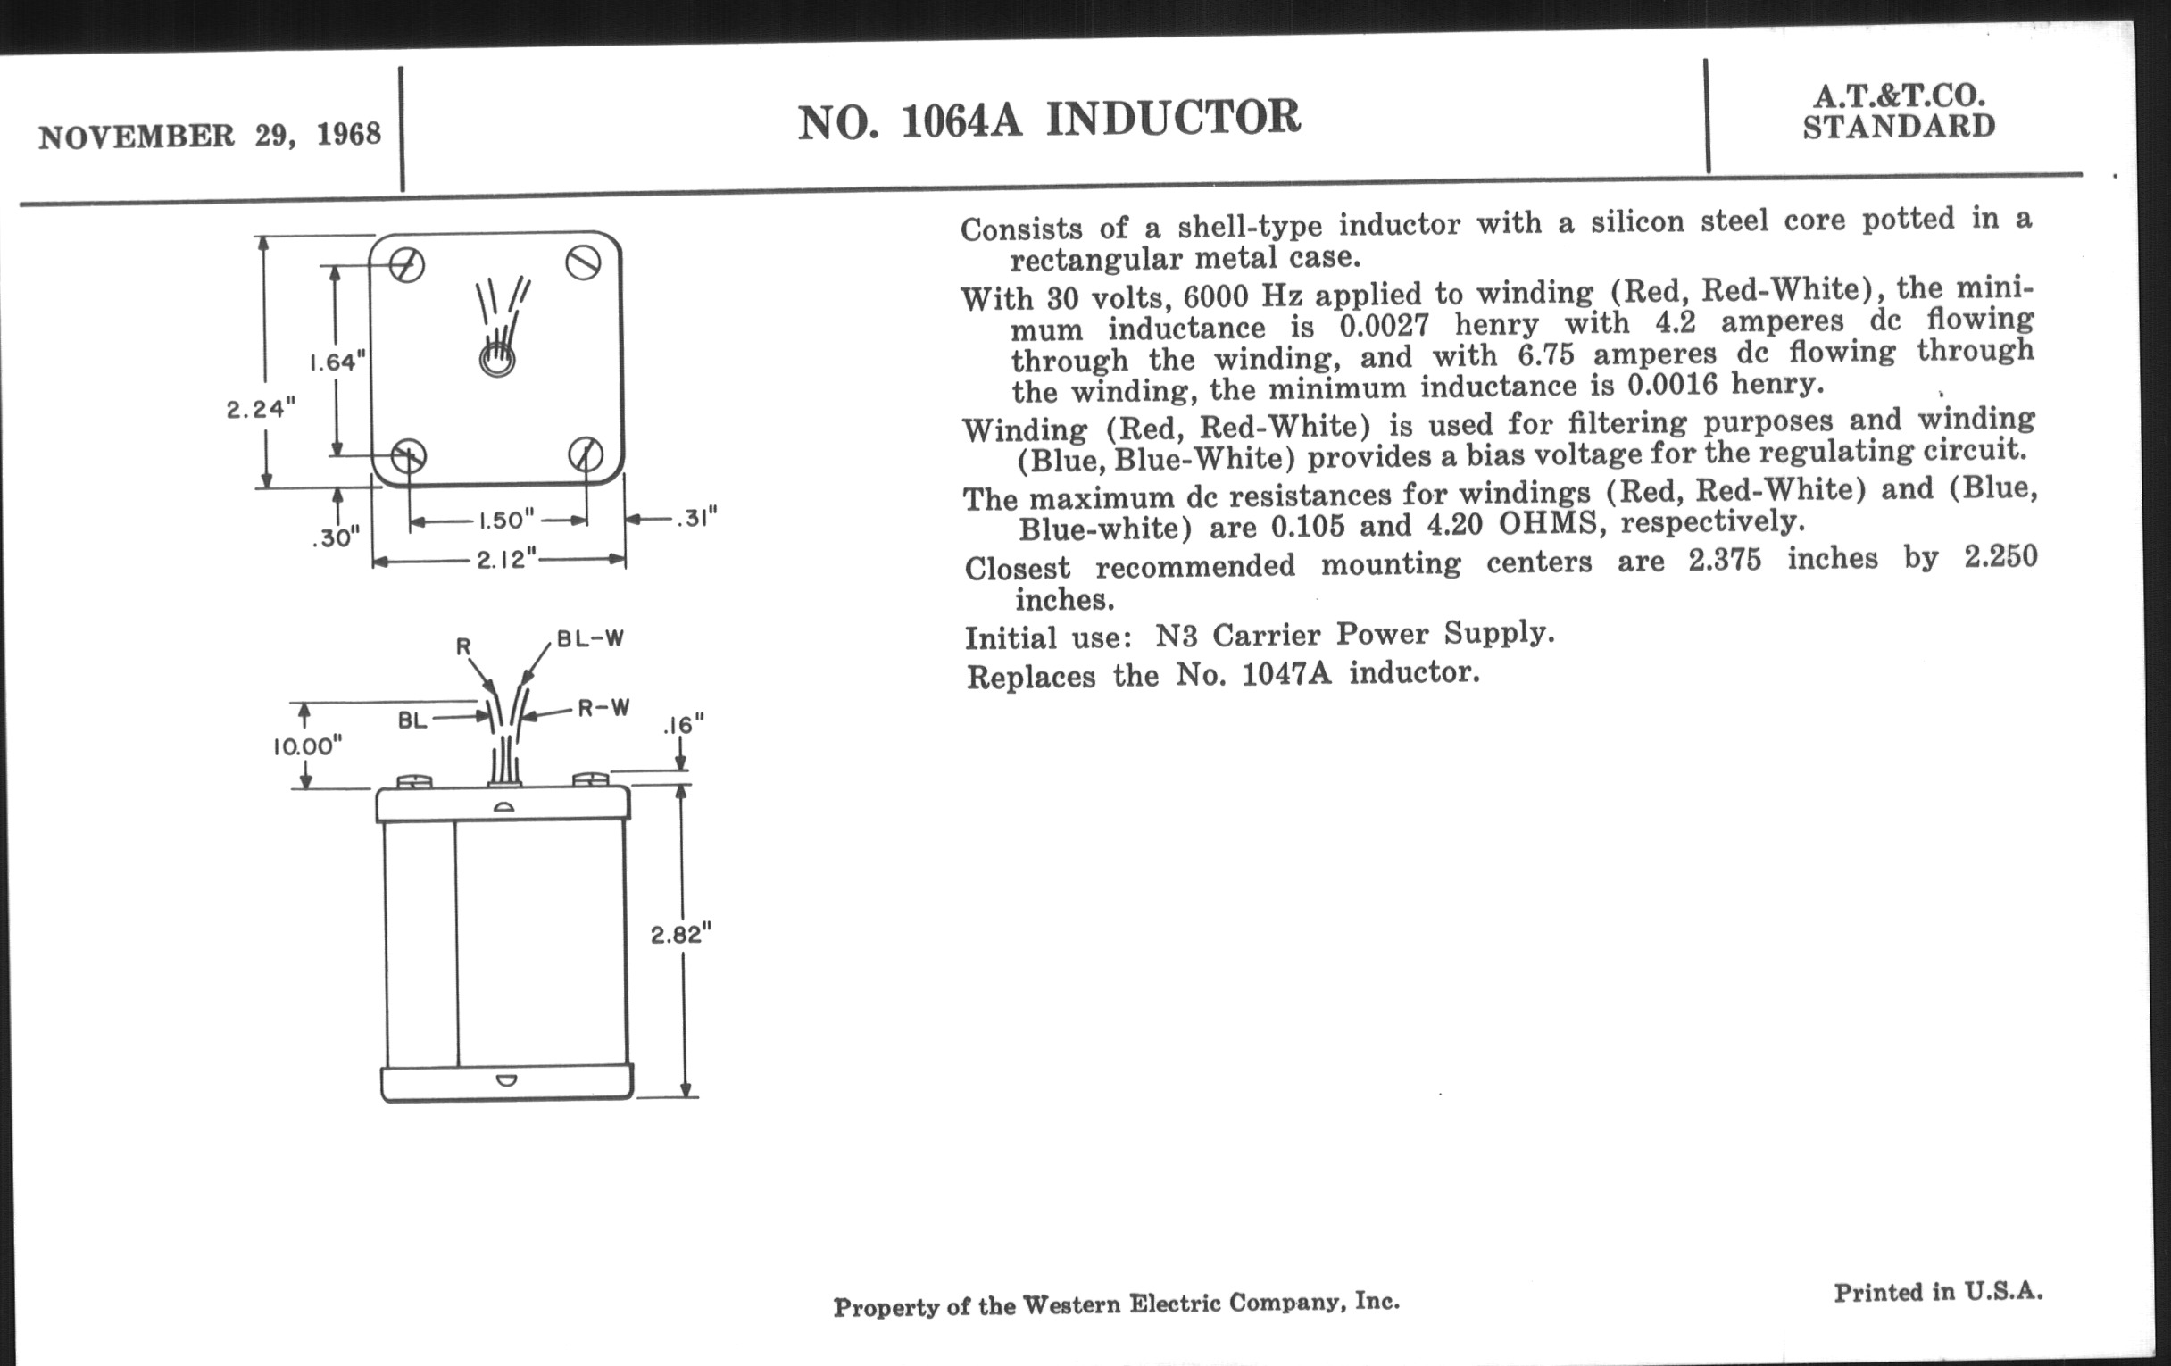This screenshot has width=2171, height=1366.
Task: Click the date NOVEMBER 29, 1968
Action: click(209, 135)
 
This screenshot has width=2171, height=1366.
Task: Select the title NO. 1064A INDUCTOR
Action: click(1050, 120)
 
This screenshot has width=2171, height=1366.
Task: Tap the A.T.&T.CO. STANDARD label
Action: click(1899, 110)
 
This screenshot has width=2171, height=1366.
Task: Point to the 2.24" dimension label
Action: click(261, 409)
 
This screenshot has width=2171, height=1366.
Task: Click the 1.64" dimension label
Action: click(337, 362)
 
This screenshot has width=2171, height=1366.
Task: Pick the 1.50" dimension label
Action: click(506, 521)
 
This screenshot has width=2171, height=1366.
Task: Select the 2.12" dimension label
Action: click(507, 560)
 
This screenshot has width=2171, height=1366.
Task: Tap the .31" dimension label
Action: click(697, 519)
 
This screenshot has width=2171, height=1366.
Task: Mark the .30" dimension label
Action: click(336, 538)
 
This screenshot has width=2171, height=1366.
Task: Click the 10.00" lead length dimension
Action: click(307, 745)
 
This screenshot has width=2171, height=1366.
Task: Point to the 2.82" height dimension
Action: click(682, 934)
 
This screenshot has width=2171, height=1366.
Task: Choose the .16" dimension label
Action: click(684, 725)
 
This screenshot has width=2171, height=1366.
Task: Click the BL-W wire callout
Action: click(591, 639)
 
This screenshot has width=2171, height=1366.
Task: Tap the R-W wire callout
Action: click(603, 709)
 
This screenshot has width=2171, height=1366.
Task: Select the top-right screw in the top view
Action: click(583, 263)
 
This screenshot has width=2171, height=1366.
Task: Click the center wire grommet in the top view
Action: click(496, 360)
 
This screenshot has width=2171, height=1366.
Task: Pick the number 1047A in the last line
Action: click(1286, 673)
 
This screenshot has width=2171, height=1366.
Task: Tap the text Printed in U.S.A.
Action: click(1938, 1292)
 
